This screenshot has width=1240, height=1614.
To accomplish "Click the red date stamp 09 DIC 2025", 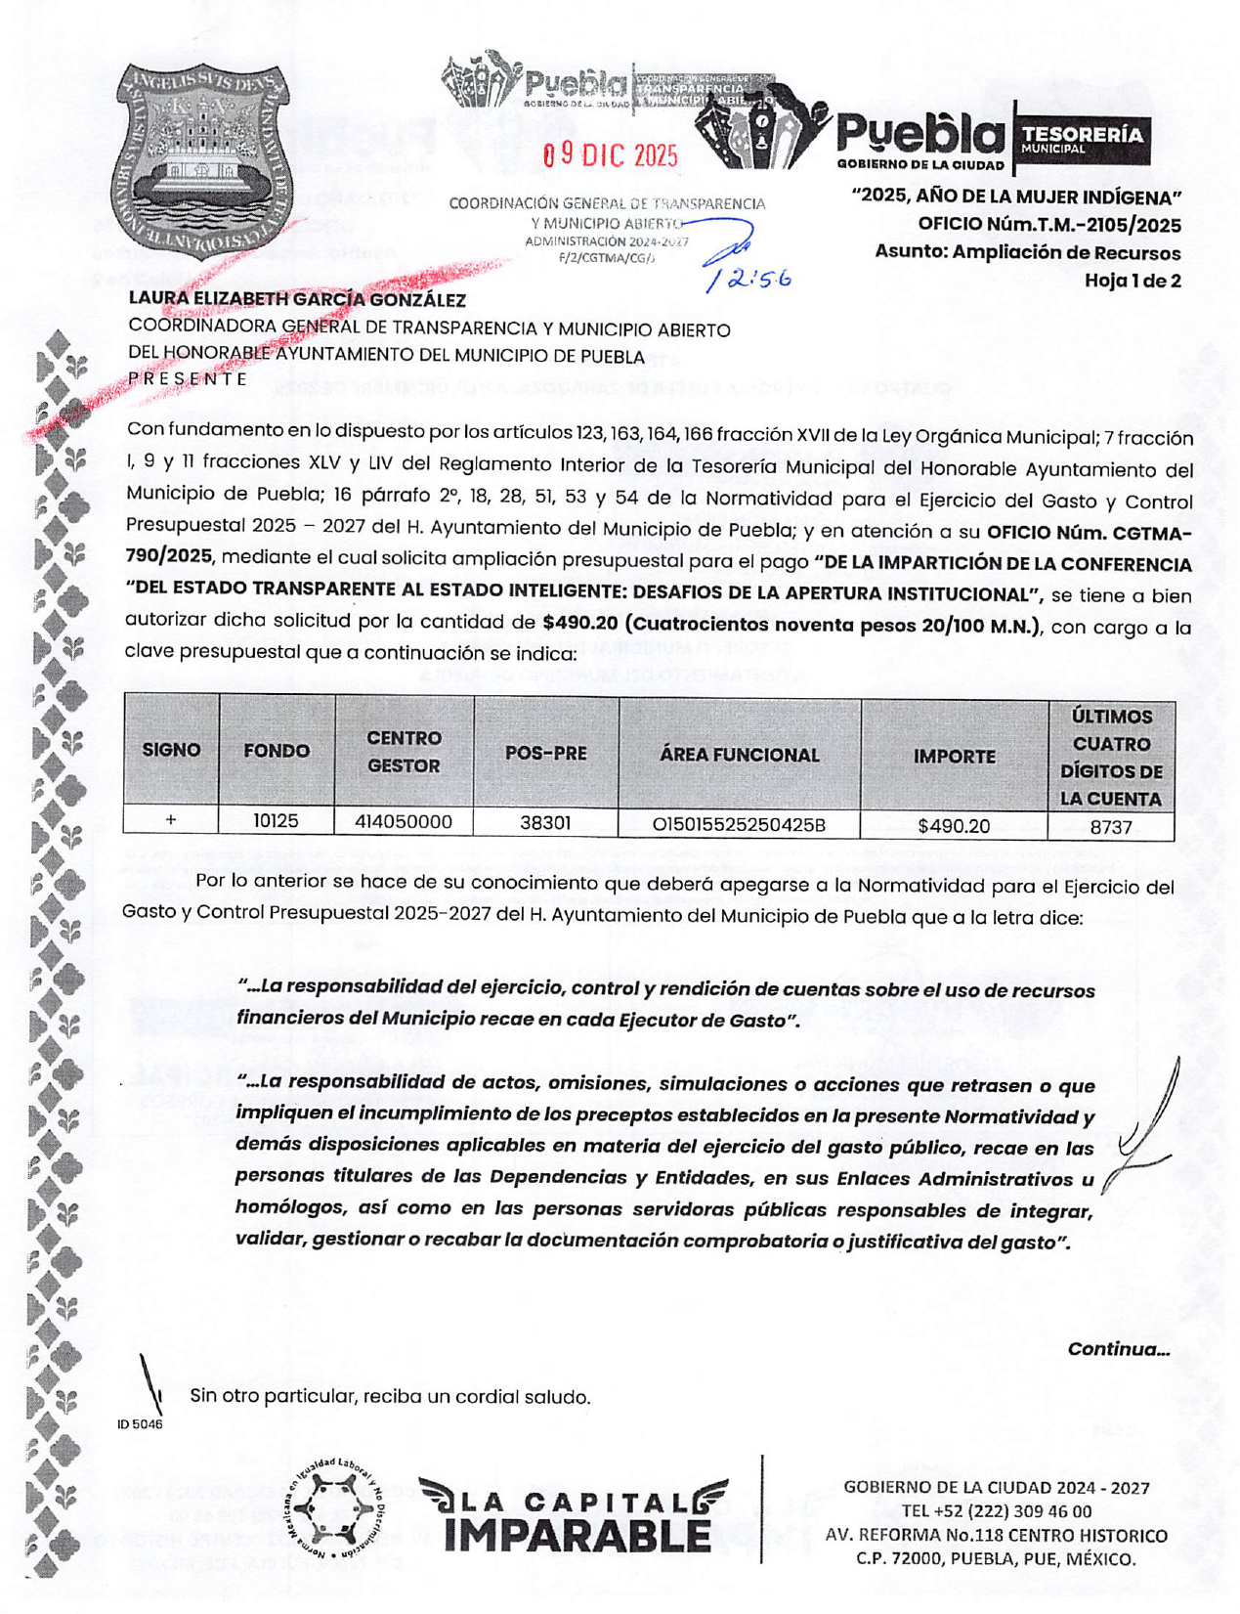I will click(x=610, y=155).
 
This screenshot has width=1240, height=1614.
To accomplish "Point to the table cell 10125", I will click(x=276, y=822).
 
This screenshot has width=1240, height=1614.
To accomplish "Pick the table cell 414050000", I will click(x=404, y=822).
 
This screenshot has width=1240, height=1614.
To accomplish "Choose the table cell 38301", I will click(x=545, y=823).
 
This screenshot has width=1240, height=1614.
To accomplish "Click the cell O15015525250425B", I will click(x=739, y=825).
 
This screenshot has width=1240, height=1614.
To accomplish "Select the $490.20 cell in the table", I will click(x=954, y=826).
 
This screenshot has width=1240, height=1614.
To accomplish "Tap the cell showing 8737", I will click(x=1111, y=827).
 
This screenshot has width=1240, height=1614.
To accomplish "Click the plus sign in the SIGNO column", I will click(x=171, y=820).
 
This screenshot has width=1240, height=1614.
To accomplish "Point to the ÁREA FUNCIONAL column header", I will click(x=739, y=755).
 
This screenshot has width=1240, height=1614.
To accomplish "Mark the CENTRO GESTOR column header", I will click(x=404, y=752).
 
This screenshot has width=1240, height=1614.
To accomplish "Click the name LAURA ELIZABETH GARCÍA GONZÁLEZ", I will click(x=297, y=300).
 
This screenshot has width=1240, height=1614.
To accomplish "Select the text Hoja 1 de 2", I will click(x=1133, y=281).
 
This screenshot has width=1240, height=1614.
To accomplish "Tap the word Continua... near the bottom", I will click(x=1118, y=1349).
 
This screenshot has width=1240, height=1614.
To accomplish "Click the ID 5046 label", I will click(x=140, y=1424).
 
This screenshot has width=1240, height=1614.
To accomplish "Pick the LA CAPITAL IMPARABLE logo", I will click(x=575, y=1515).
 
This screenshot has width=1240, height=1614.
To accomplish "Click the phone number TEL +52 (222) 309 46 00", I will click(x=996, y=1511).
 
